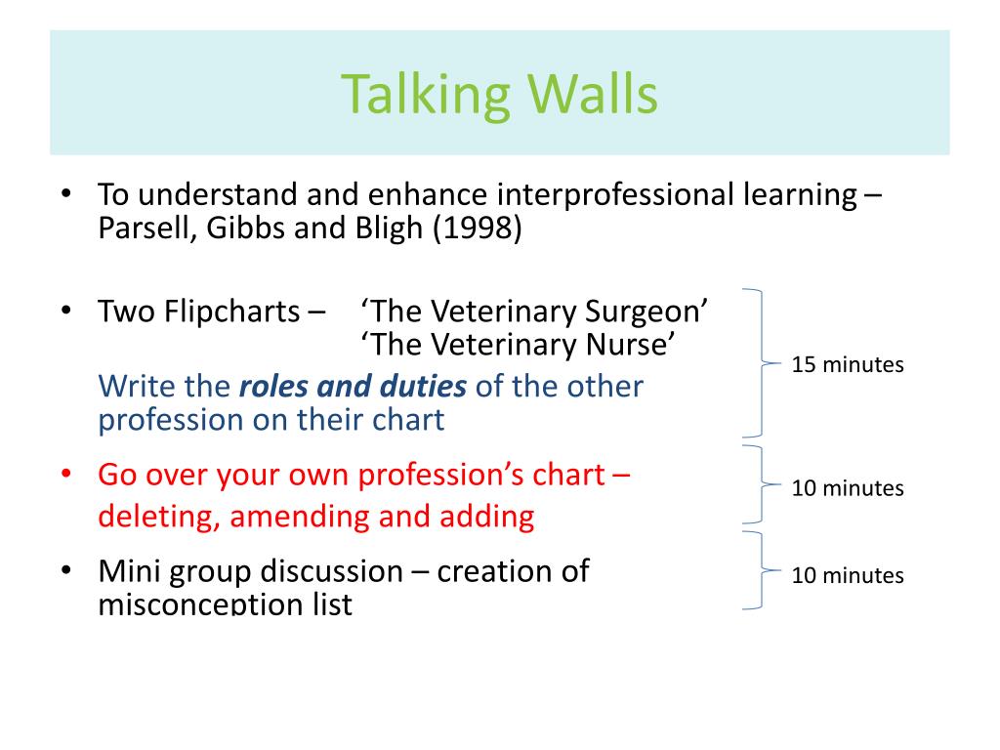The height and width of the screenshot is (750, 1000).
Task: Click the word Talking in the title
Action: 426,96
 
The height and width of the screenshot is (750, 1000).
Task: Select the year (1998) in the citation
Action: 477,228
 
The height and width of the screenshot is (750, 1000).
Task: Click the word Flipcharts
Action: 232,312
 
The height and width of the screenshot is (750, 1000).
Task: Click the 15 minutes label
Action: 848,365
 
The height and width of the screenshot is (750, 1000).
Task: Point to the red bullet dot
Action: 65,475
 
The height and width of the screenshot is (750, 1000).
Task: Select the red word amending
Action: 299,518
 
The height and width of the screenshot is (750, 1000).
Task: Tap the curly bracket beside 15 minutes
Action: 763,363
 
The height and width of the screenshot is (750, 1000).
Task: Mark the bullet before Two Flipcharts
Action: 65,312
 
